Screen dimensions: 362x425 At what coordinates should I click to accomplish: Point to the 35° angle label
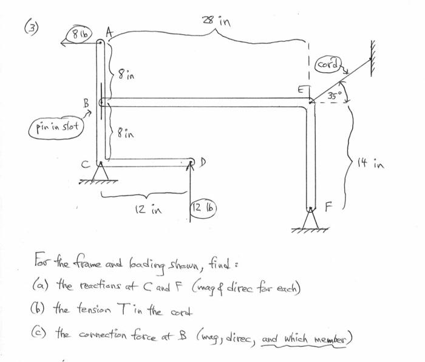pos(335,95)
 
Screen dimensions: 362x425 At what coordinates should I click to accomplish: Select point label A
pos(109,32)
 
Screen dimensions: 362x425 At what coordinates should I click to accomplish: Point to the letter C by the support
pos(89,162)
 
